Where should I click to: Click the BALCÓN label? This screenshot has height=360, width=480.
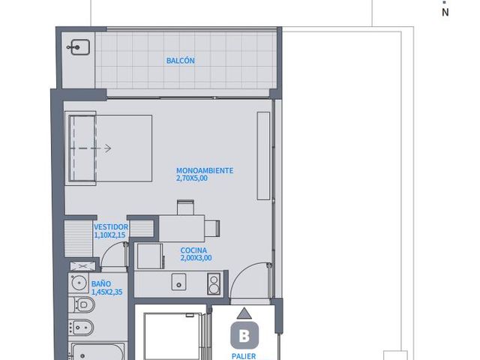coord(180,61)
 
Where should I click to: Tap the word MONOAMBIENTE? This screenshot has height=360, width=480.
coord(205,170)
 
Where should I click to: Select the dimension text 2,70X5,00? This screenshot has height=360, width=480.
coord(192,178)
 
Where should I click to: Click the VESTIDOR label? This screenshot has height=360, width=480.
coord(111,227)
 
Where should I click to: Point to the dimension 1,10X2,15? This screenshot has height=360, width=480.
coord(110,235)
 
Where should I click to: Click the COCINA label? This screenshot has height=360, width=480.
coord(193,250)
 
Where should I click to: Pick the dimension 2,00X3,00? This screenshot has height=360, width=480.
coord(196,258)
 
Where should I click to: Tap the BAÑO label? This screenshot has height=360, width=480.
coord(101,283)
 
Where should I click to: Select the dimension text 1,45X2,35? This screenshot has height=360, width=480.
coord(106,292)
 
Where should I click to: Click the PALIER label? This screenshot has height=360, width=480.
coord(244,356)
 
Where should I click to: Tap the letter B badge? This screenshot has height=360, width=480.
coord(244,335)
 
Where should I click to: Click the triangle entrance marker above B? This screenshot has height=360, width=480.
coord(244,313)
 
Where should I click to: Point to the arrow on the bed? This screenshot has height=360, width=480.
coord(91,148)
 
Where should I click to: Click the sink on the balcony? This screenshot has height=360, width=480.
coord(79,47)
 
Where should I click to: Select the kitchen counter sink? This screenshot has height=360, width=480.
coord(178,282)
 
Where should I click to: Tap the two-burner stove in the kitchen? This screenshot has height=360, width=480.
coord(214,284)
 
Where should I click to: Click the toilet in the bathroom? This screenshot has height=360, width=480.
coord(82,304)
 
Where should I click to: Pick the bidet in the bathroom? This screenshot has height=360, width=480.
coord(81,327)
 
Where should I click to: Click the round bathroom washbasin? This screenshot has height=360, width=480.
coord(79,282)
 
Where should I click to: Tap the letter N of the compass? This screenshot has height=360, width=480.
coord(445,12)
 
